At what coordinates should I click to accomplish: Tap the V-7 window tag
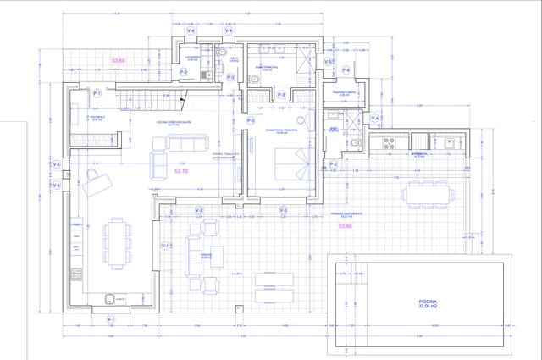[111, 319]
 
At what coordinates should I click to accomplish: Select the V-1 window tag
[165, 246]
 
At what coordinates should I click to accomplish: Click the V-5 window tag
[328, 62]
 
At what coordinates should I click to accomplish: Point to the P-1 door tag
[97, 93]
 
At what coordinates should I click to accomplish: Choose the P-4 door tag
[346, 70]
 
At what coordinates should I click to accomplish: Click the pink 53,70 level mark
[180, 171]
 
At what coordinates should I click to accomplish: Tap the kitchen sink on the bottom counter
[110, 298]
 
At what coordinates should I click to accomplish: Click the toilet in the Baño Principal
[255, 80]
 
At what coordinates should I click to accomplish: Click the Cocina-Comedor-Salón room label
[174, 123]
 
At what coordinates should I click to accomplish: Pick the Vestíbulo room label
[97, 119]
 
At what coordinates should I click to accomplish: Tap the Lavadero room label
[192, 58]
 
